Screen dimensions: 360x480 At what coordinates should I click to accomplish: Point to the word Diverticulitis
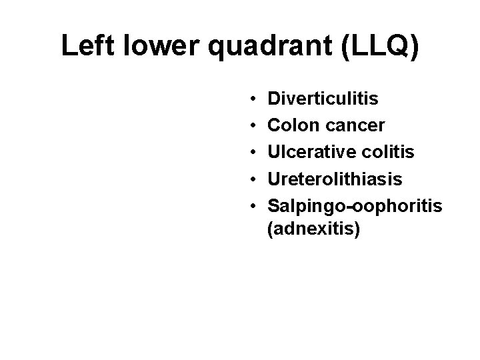click(x=323, y=99)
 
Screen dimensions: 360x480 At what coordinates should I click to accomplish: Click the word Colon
click(x=290, y=126)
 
